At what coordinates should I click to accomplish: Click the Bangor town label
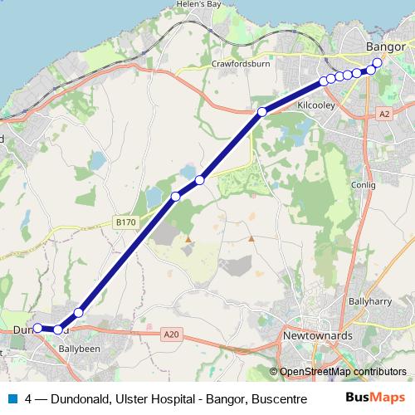[384, 47]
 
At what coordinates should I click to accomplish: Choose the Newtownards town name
[318, 336]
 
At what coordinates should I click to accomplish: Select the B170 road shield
[125, 222]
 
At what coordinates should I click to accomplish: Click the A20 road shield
[172, 334]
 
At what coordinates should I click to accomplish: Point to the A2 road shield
[383, 112]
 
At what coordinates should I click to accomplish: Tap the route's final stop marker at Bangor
[378, 63]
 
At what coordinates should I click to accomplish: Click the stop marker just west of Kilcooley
[261, 112]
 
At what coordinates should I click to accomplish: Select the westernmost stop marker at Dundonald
[37, 328]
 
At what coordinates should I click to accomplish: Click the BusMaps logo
[374, 398]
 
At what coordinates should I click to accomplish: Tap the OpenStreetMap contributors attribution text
[343, 372]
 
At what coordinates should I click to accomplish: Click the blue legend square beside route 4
[11, 398]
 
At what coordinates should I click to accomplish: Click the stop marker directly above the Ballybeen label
[58, 330]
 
